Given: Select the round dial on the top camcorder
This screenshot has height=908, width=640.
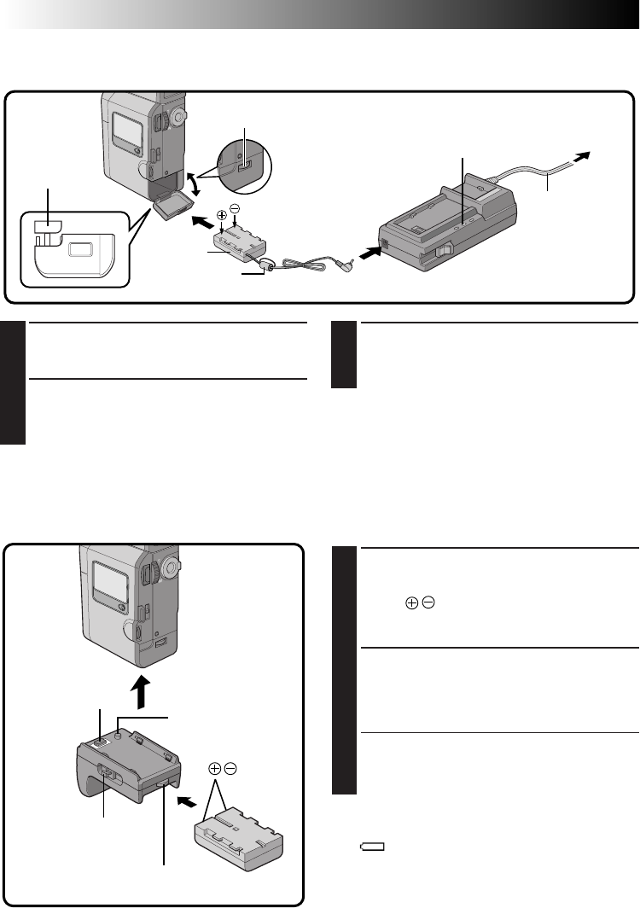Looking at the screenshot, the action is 177,114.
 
